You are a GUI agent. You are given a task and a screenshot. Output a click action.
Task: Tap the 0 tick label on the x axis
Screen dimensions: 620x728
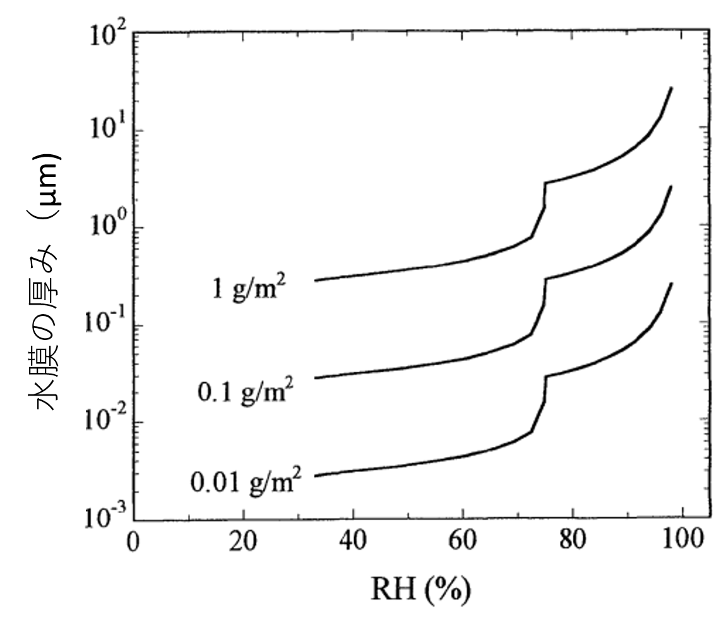tap(133, 542)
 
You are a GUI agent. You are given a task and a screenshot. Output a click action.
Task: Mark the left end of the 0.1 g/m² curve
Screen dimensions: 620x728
tap(315, 378)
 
